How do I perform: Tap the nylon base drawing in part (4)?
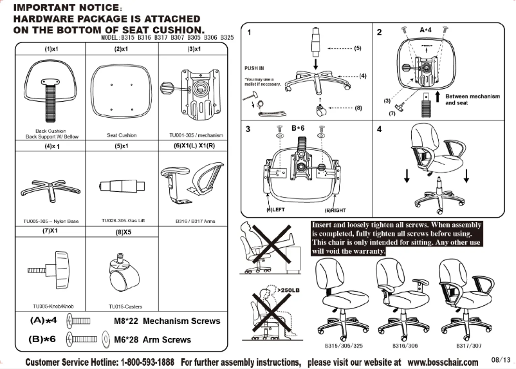(48, 187)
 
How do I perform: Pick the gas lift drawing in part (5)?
(120, 185)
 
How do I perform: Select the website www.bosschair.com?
(443, 362)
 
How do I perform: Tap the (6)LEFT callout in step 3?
(276, 210)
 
